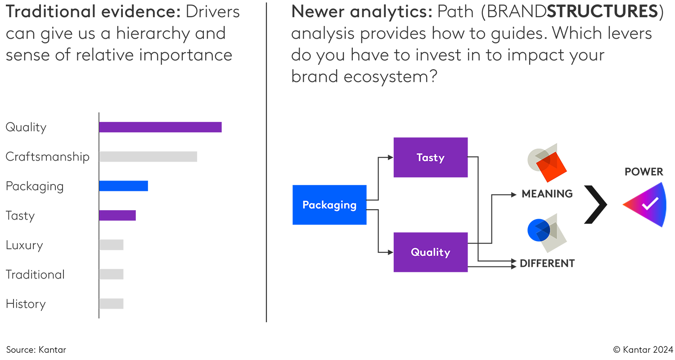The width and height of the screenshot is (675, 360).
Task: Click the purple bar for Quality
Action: click(160, 127)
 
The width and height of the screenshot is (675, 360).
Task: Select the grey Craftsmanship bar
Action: click(148, 157)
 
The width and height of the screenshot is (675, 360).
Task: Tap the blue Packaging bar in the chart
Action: click(123, 186)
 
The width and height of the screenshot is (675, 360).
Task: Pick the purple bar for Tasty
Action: click(117, 216)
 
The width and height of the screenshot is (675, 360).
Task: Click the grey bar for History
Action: click(111, 304)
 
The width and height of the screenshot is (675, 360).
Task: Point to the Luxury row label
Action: click(24, 245)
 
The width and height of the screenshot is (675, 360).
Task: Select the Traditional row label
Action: click(35, 274)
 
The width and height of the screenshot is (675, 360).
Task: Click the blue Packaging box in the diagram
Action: click(329, 205)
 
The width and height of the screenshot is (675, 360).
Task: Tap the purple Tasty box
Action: click(430, 157)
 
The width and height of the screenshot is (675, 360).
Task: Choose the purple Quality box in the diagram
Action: click(430, 252)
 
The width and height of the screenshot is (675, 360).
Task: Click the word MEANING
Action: click(547, 194)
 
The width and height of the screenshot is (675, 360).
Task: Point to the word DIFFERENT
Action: click(547, 263)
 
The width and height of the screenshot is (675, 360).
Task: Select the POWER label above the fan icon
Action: click(643, 172)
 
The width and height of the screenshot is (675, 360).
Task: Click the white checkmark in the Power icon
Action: click(649, 205)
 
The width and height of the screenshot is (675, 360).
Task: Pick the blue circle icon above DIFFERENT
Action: click(538, 229)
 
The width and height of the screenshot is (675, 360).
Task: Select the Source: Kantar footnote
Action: click(36, 350)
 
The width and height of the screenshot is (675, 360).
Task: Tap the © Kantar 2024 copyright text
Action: click(643, 350)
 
